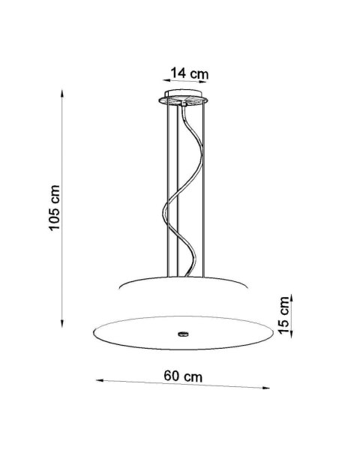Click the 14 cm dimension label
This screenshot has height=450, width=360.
point(190,73)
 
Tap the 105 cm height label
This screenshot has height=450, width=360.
point(54,208)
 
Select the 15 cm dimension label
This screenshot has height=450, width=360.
point(283,315)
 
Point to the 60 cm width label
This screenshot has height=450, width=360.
point(183,376)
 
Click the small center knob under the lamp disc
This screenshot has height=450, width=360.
point(183,334)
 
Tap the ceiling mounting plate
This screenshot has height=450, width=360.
point(183,97)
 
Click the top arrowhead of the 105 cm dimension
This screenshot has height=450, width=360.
point(62,94)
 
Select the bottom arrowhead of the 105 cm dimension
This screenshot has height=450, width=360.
point(62,323)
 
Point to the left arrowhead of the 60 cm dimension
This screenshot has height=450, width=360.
point(100,380)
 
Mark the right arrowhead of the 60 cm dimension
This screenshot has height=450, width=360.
point(265,388)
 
